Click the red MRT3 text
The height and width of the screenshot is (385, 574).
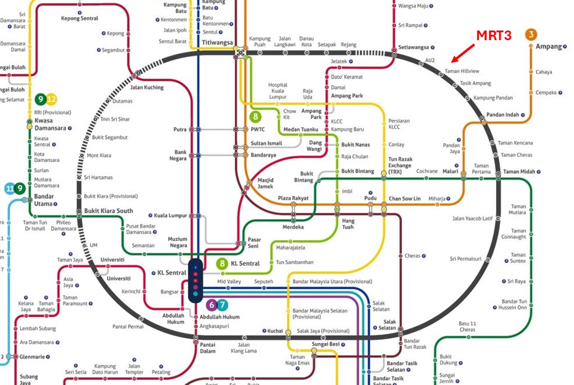pos(494,36)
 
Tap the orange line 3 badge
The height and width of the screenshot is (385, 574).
pos(530,34)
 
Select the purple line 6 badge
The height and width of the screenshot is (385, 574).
pos(210,305)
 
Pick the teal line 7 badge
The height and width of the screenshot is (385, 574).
pos(222,305)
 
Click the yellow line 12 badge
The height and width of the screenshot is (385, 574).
pos(51,99)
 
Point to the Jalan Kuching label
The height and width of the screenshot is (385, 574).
pos(146,87)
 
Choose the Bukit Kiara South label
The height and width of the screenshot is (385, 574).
pos(108,211)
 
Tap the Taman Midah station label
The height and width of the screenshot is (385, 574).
pos(519,172)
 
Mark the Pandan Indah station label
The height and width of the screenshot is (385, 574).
pos(502,114)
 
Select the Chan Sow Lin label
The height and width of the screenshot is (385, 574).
pos(405,199)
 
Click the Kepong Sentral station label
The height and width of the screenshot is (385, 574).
pos(80,19)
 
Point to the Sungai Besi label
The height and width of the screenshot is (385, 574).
pos(325,344)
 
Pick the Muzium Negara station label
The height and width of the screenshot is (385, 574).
pos(178,242)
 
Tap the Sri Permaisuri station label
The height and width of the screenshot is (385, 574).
pos(466,259)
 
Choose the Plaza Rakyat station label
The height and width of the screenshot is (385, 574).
pos(293,198)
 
